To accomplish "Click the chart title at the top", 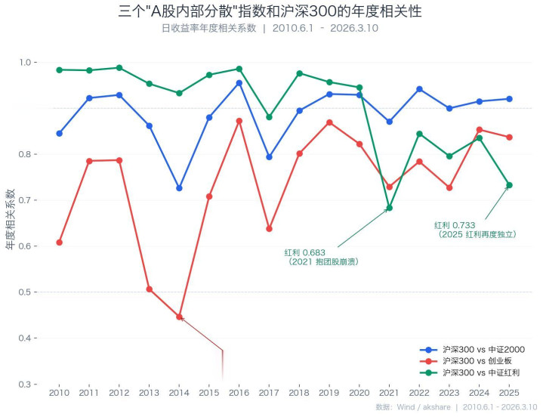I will (270, 11).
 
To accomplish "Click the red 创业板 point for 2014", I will (179, 317).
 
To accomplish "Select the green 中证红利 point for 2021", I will (389, 208).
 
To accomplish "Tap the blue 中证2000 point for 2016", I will (239, 83).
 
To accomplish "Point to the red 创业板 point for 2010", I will (59, 242).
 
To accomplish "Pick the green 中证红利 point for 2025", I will (509, 185).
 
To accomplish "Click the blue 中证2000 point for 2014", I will (179, 188).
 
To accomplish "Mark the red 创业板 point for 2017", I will (269, 228).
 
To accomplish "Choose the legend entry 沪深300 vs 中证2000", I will (483, 350).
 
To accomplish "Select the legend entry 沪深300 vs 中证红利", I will (483, 372).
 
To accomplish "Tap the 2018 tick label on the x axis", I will (299, 393).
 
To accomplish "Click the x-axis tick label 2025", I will (509, 393).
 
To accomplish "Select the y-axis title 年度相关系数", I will (11, 219).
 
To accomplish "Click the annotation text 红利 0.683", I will (305, 252).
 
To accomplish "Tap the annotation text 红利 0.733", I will (455, 225).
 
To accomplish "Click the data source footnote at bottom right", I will (455, 407).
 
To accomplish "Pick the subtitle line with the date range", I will (270, 28).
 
